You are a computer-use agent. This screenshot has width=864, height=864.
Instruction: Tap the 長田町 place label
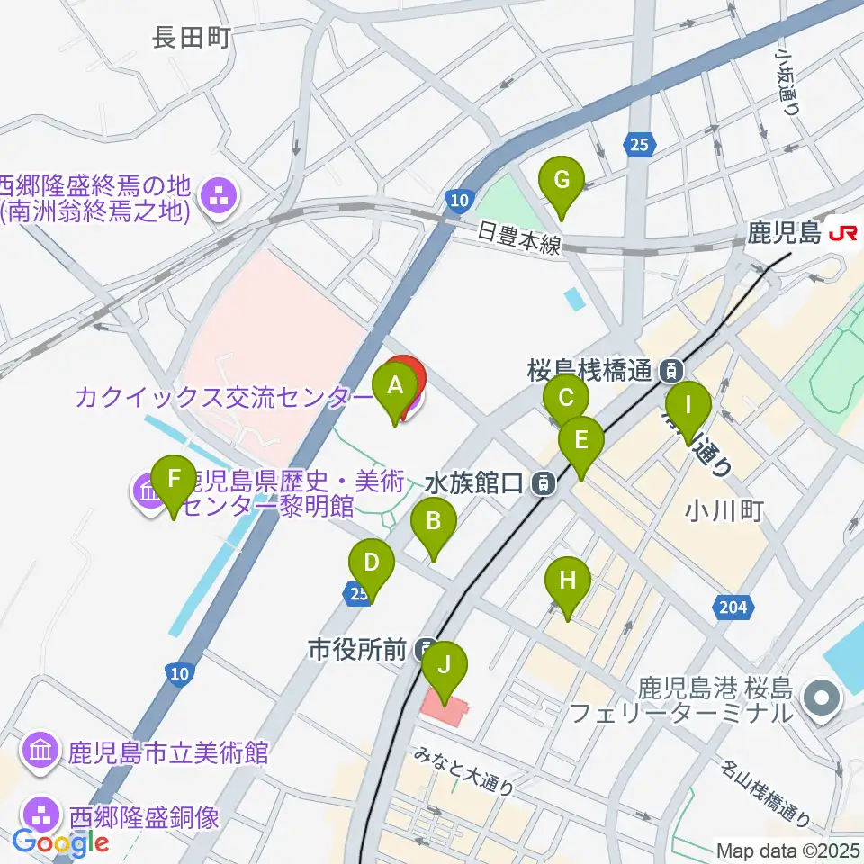coord(193,37)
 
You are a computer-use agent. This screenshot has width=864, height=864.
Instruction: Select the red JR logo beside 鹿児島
coord(843,234)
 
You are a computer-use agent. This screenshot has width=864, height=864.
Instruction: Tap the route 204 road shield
coord(733,608)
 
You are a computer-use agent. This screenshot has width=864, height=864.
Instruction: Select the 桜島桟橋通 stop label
coord(590,369)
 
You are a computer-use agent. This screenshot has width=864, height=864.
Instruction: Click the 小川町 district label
coord(724,512)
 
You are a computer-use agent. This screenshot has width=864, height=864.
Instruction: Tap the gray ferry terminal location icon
coord(821,697)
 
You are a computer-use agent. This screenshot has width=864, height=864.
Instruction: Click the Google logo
coord(61,842)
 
